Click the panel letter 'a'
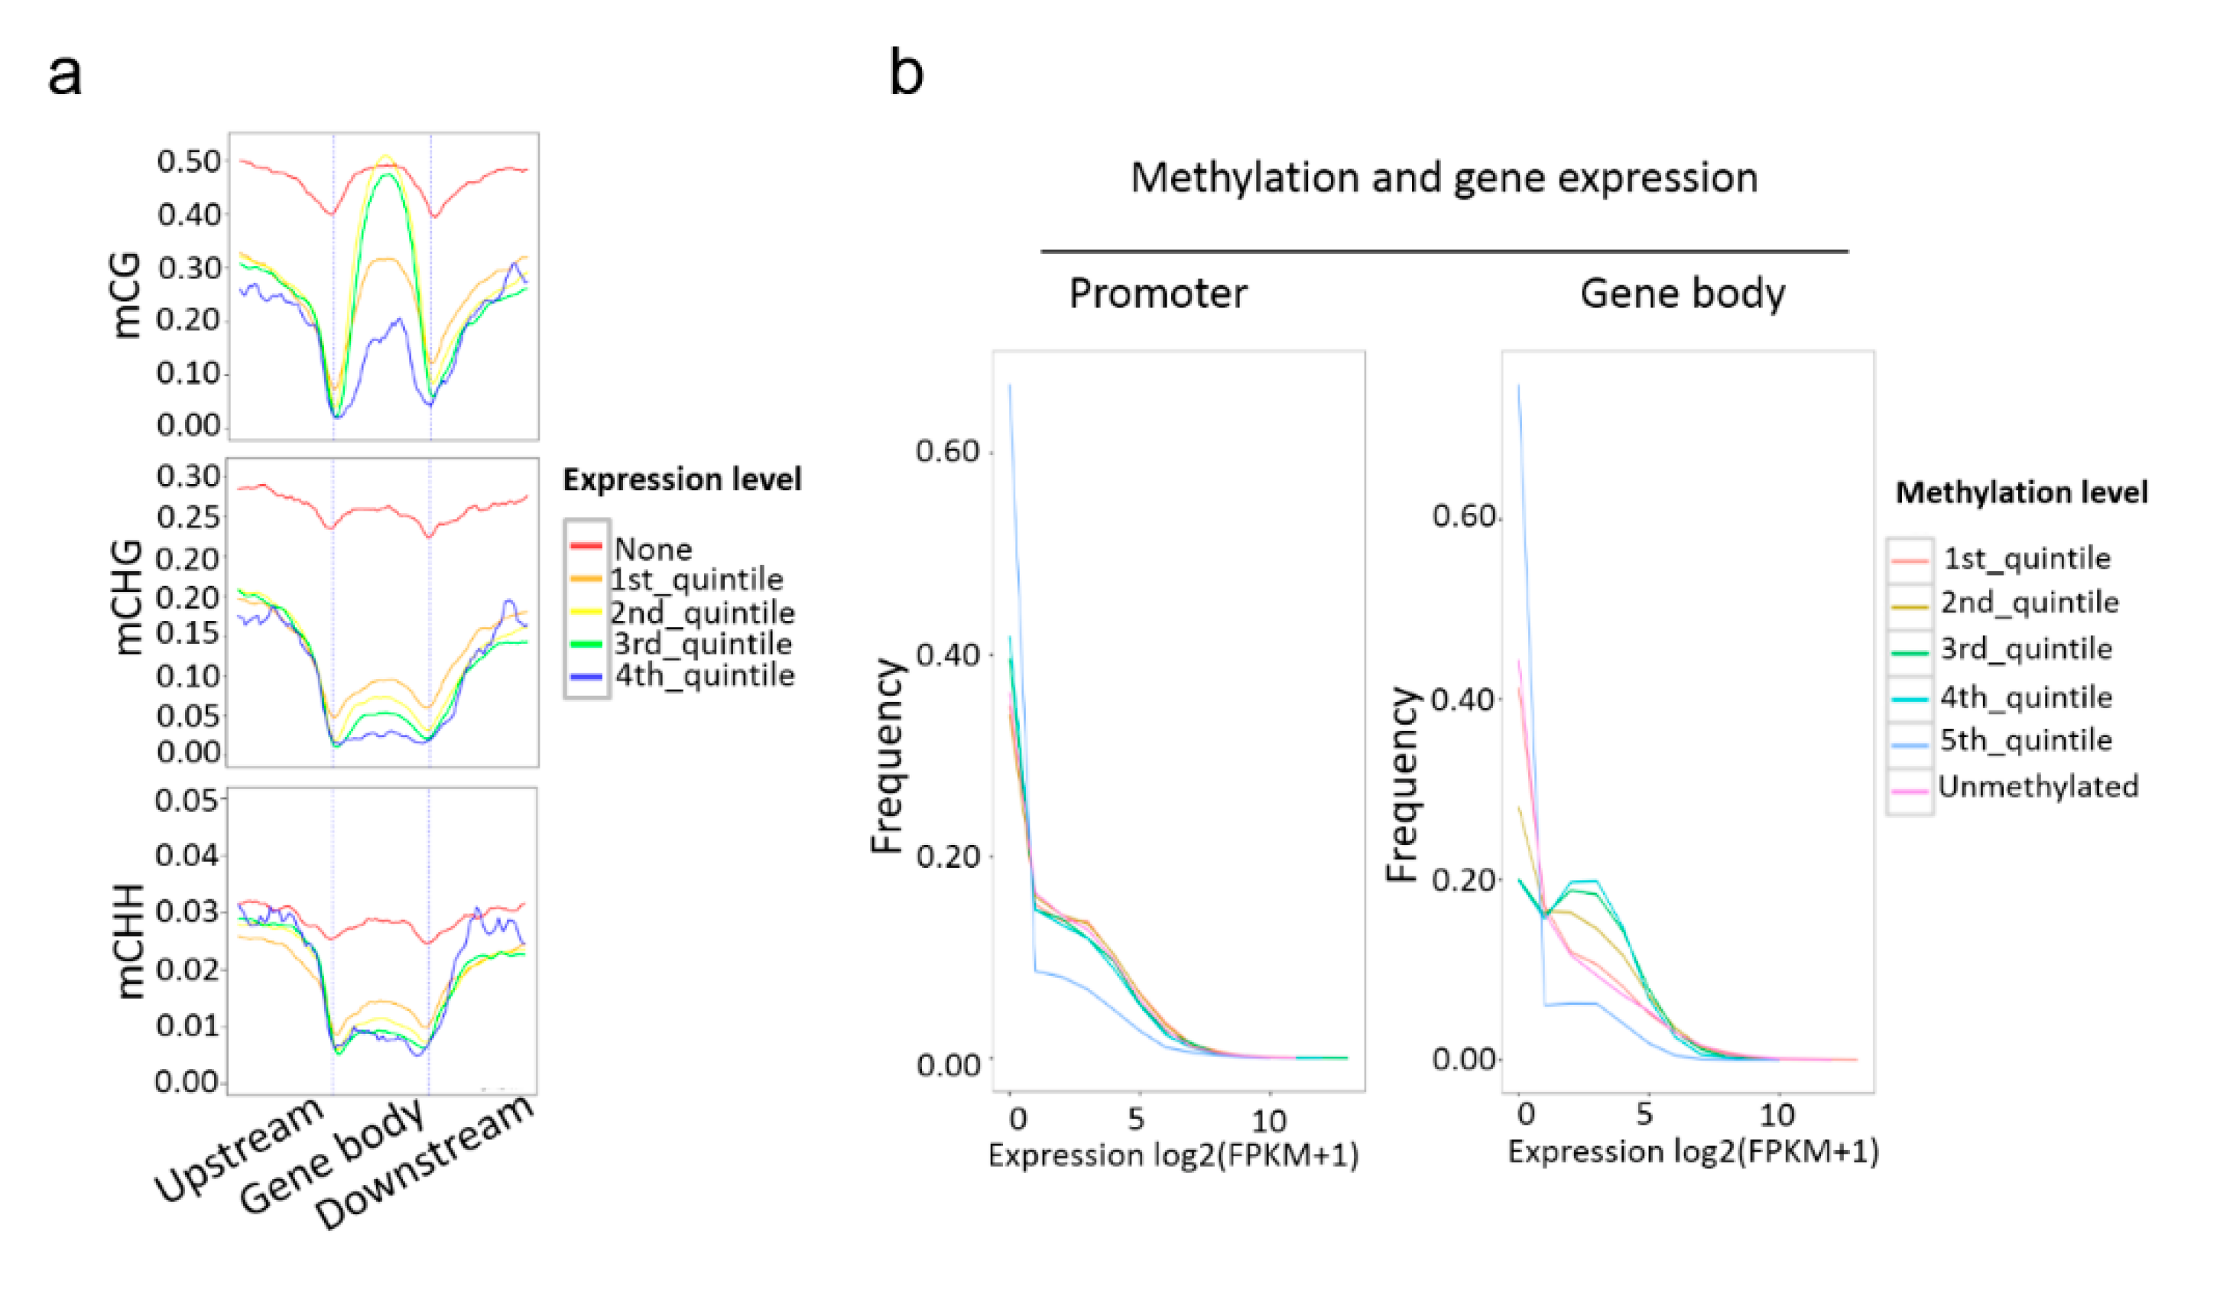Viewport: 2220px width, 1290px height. coord(64,74)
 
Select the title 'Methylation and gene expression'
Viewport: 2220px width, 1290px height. coord(1444,178)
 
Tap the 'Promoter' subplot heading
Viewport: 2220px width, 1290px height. coord(1157,294)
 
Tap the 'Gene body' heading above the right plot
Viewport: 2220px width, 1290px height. coord(1682,294)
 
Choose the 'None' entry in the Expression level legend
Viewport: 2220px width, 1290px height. coord(653,549)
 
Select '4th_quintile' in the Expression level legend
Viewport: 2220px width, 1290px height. coord(704,676)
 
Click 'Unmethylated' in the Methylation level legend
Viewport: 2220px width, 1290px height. coord(2037,786)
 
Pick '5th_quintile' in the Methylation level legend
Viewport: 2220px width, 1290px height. coord(2025,740)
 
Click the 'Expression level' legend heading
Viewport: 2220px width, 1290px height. coord(682,479)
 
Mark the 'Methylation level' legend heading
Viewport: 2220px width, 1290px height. coord(2021,492)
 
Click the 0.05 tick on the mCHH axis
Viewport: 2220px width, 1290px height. coord(186,800)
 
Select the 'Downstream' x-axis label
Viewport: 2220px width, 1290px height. coord(424,1163)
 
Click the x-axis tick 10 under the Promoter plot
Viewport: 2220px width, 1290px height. coord(1268,1121)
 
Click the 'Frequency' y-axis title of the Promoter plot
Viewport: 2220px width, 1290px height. coord(887,756)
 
